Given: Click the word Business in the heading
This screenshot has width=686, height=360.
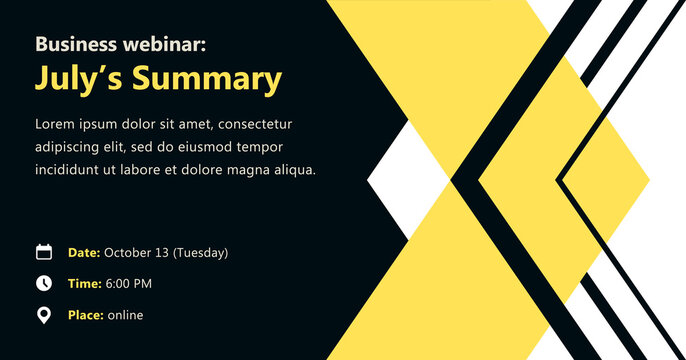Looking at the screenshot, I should pyautogui.click(x=72, y=44).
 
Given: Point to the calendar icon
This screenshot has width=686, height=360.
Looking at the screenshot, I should pyautogui.click(x=43, y=252).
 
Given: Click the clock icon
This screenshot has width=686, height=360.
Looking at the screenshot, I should pyautogui.click(x=43, y=284).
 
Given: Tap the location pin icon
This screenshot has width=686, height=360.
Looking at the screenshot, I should pyautogui.click(x=43, y=316).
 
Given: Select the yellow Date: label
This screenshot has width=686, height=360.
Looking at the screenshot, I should pyautogui.click(x=83, y=253).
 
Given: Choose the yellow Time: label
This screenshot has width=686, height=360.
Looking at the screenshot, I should pyautogui.click(x=84, y=284).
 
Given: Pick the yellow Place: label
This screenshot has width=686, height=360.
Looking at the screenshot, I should pyautogui.click(x=86, y=316).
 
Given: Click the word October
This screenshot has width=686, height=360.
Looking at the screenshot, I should pyautogui.click(x=128, y=253).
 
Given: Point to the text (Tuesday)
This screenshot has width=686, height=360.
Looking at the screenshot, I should pyautogui.click(x=200, y=253).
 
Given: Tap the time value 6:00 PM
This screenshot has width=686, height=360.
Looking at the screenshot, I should pyautogui.click(x=128, y=284).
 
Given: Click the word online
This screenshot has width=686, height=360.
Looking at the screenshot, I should pyautogui.click(x=126, y=316).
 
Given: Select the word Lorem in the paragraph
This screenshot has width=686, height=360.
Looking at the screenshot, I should pyautogui.click(x=55, y=124).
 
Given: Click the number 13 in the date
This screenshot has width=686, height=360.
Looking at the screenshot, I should pyautogui.click(x=161, y=253).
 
